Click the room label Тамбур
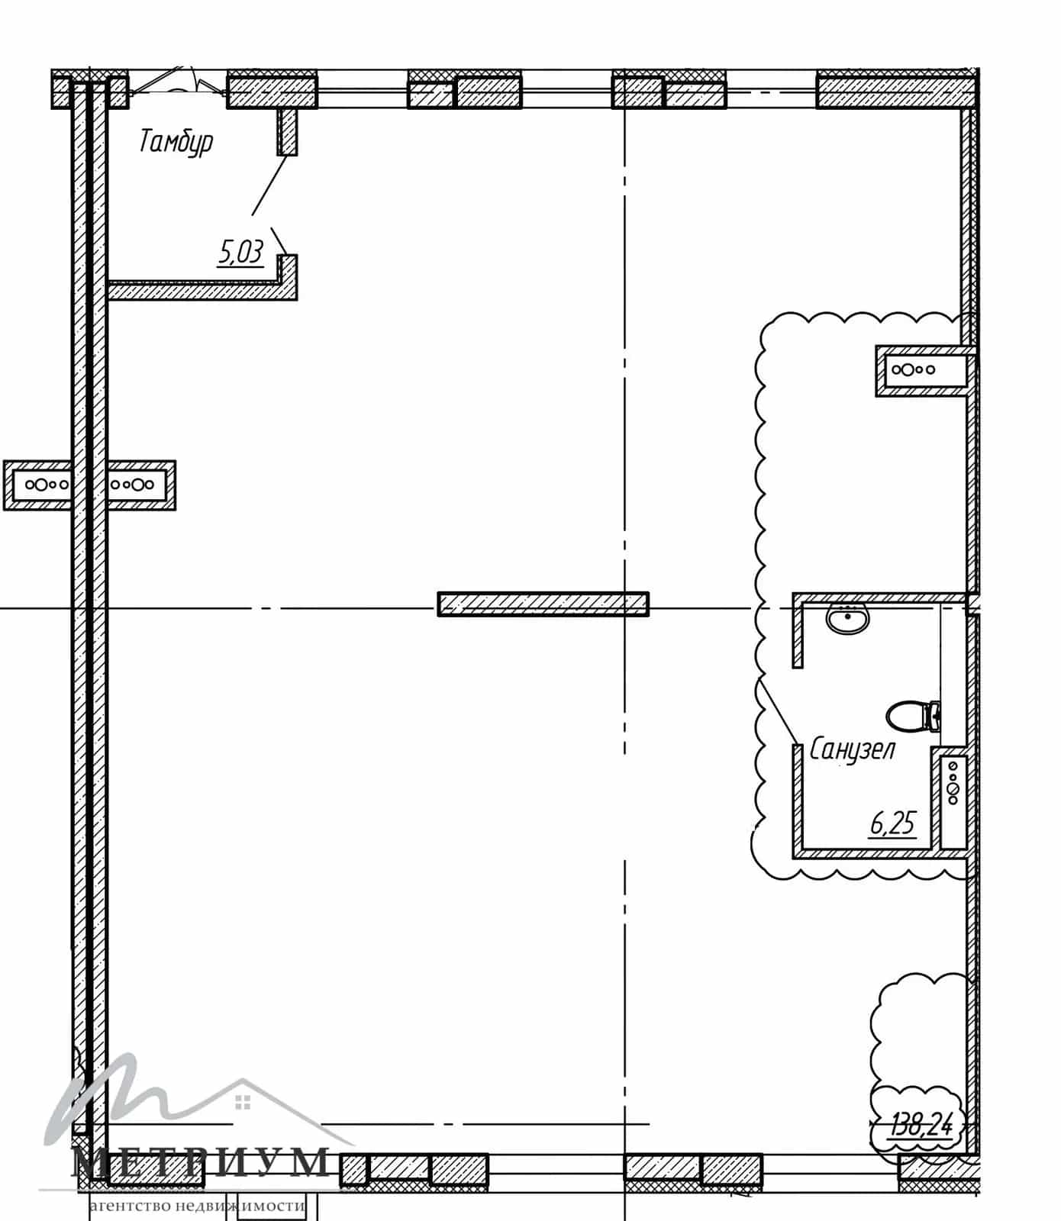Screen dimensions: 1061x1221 tap(176, 143)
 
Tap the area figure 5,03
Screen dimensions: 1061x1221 tap(241, 252)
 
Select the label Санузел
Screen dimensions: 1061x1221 tap(852, 749)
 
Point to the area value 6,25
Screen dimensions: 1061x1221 tap(892, 823)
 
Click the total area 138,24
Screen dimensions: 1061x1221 tap(922, 1124)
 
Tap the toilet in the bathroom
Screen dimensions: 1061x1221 tap(913, 716)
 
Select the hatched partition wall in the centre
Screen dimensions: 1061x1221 tap(543, 604)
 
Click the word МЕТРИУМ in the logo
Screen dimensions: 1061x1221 tap(201, 1163)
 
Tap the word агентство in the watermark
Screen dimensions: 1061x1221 tap(129, 1207)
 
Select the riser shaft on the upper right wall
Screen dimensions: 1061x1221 tap(924, 370)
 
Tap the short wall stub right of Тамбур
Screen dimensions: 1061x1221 tap(287, 130)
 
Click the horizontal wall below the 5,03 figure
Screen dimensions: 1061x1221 tap(202, 290)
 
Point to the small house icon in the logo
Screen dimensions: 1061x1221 tap(243, 1101)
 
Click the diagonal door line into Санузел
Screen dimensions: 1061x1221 tap(777, 710)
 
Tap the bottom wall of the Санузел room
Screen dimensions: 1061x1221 tap(879, 853)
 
